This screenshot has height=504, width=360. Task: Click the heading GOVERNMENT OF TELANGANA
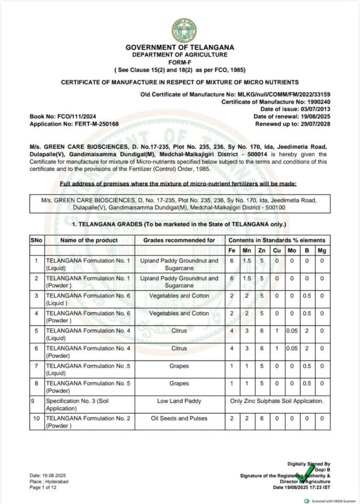[x=180, y=47]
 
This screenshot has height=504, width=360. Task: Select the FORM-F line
[x=180, y=62]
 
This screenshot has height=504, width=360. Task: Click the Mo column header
[x=291, y=251]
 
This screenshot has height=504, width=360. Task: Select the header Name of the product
[x=89, y=240]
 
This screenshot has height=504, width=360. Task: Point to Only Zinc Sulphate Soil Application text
[x=277, y=401]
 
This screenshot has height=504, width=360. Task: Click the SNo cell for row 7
[x=36, y=366]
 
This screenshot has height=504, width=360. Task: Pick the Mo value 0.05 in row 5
[x=292, y=331]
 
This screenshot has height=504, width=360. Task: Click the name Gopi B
[x=322, y=470]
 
